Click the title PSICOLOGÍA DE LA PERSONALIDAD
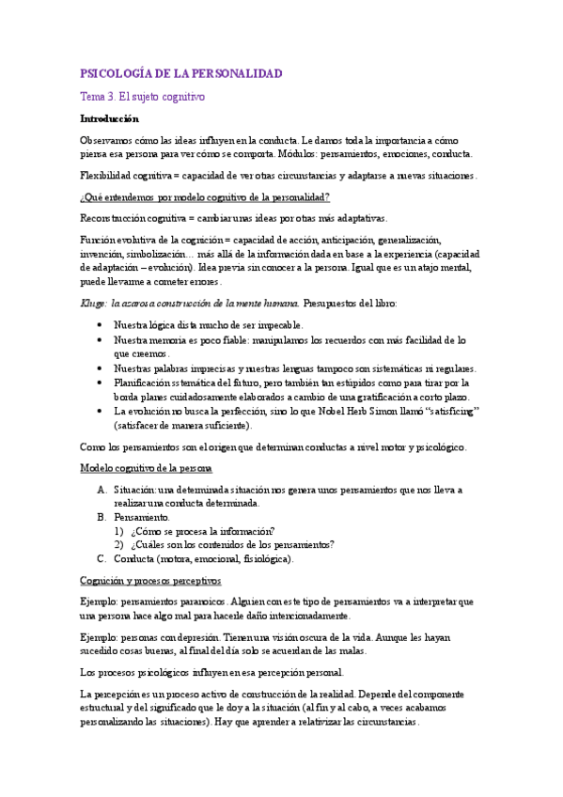[181, 73]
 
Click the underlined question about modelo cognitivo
[205, 196]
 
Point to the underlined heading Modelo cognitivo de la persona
[146, 468]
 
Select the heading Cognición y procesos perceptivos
[150, 581]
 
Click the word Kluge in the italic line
[93, 303]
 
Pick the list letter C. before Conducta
[102, 558]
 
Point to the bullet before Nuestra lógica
[101, 323]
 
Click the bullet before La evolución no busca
[101, 412]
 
